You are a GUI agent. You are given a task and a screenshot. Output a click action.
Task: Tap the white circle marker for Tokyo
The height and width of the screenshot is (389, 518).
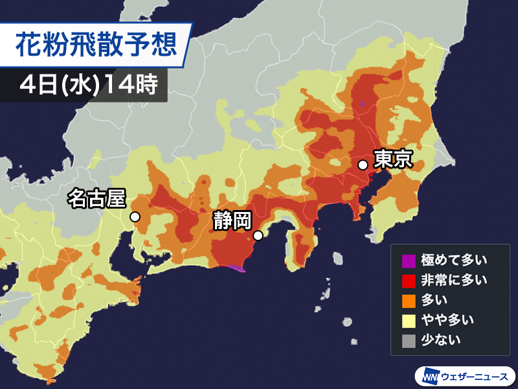click(x=363, y=165)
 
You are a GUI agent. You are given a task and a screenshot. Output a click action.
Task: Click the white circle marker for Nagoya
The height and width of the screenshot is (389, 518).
click(x=135, y=217)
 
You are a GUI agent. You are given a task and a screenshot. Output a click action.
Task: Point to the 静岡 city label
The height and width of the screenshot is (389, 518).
click(x=231, y=221)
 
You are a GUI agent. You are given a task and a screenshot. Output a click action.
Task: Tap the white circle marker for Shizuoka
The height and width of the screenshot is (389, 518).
click(x=258, y=236)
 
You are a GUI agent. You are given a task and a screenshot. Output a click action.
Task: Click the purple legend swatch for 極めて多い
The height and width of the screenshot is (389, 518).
click(x=409, y=261)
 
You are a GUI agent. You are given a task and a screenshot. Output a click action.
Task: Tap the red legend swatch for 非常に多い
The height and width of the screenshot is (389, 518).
click(x=409, y=280)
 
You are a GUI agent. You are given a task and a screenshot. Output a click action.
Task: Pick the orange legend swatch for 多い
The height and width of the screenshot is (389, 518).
click(x=409, y=300)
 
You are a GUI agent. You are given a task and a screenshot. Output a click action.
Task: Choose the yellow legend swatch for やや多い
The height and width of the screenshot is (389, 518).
click(x=409, y=319)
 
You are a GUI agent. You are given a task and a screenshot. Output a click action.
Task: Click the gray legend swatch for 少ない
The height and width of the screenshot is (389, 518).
click(x=409, y=338)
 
